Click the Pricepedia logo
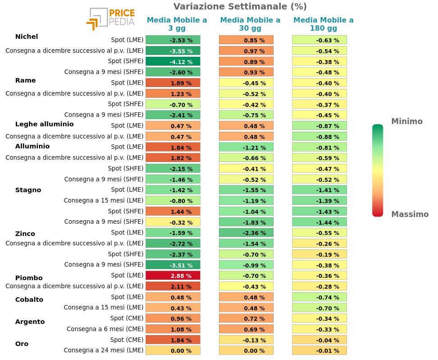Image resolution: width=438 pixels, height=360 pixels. (x=110, y=19)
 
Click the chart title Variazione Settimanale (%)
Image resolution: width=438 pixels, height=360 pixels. (x=240, y=6)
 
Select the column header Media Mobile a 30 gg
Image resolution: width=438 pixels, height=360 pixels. (x=250, y=24)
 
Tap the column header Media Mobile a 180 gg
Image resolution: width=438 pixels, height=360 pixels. (x=323, y=24)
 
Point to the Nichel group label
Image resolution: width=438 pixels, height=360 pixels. (x=27, y=37)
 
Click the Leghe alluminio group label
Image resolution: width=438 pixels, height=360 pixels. (x=44, y=124)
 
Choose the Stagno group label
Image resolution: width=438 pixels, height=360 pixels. (x=28, y=190)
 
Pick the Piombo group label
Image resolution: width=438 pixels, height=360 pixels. (x=29, y=278)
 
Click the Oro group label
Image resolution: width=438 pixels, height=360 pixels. (x=22, y=344)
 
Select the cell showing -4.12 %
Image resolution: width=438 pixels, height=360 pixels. (x=173, y=61)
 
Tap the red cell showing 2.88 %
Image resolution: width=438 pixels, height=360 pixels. (x=173, y=275)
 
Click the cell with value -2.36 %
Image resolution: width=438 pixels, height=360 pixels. (x=246, y=233)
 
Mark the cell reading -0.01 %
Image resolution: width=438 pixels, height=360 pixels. (x=319, y=351)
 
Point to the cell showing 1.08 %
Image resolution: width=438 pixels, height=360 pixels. (x=173, y=329)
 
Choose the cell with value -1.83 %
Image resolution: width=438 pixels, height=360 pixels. (x=246, y=222)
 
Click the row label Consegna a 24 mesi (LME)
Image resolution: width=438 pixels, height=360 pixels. (x=103, y=350)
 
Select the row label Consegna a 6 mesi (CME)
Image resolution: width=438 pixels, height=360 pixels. (x=105, y=329)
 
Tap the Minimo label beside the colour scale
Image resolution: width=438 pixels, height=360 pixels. (x=406, y=121)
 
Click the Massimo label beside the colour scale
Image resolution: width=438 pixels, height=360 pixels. (x=410, y=214)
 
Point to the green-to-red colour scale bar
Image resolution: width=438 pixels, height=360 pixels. (x=378, y=171)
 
